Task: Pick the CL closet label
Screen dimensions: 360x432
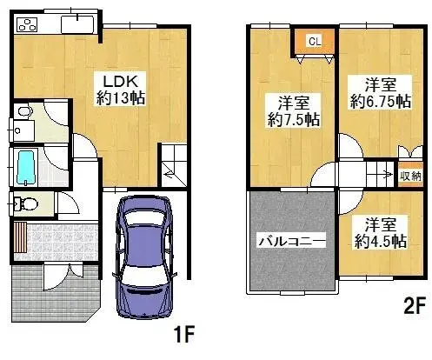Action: coord(315,40)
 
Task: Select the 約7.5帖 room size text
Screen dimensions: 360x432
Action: coord(292,119)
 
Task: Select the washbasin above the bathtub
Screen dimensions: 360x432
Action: coord(23,130)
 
